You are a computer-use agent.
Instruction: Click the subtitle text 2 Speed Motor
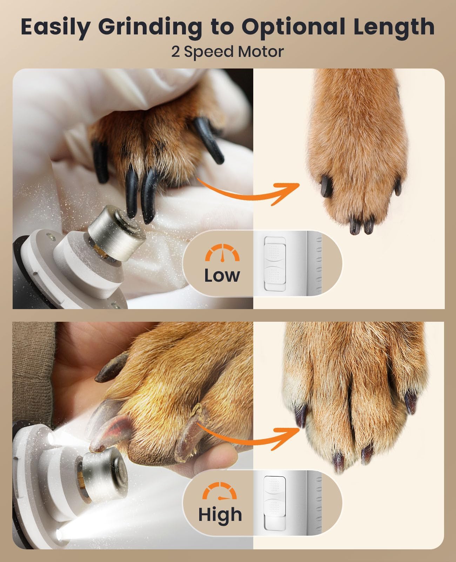pyautogui.click(x=227, y=52)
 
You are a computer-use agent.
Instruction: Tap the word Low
pyautogui.click(x=222, y=275)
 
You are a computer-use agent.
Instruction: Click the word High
pyautogui.click(x=220, y=514)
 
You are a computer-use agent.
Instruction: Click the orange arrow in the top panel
pyautogui.click(x=249, y=191)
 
